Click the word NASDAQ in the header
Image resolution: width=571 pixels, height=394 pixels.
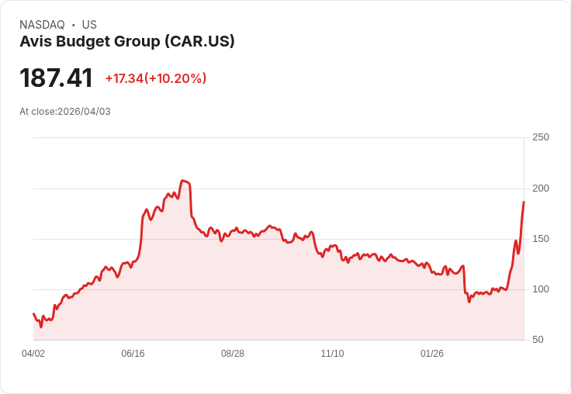click(x=42, y=25)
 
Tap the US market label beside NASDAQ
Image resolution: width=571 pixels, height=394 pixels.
click(x=89, y=25)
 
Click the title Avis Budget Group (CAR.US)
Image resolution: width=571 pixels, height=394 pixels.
click(x=127, y=42)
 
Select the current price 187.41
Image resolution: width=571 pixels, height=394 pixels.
click(x=56, y=78)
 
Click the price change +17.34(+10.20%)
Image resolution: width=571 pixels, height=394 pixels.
click(x=156, y=78)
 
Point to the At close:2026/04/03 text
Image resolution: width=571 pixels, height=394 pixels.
click(x=65, y=112)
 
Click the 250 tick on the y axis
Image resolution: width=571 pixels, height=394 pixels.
click(x=541, y=137)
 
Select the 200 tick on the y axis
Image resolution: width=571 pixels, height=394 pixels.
click(x=541, y=188)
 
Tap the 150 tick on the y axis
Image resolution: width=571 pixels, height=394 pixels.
click(x=541, y=239)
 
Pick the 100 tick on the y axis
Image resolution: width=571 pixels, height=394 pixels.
click(x=541, y=289)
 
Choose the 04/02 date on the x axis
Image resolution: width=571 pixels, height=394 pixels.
click(x=33, y=354)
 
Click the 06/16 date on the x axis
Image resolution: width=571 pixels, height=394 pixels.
click(x=133, y=354)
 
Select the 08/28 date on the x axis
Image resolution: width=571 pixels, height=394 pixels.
click(x=233, y=354)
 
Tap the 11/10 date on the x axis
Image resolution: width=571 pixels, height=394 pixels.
click(x=332, y=354)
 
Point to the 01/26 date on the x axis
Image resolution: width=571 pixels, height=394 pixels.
click(x=432, y=354)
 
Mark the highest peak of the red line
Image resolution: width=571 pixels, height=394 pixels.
click(x=183, y=181)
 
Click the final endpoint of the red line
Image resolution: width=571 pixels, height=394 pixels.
click(x=524, y=202)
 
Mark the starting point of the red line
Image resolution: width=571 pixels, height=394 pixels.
click(x=33, y=314)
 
